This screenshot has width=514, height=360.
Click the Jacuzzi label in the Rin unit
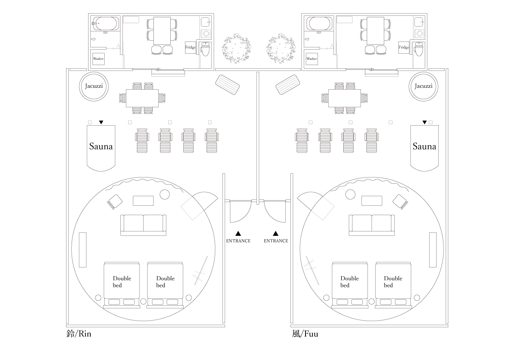[x=94, y=86]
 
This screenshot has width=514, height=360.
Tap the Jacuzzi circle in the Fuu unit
[x=423, y=86]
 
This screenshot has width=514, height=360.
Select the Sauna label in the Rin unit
[x=101, y=146]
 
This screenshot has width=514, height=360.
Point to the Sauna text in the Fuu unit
[x=424, y=146]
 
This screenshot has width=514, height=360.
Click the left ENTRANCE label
[x=238, y=241]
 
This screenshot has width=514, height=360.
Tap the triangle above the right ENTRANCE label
[x=275, y=233]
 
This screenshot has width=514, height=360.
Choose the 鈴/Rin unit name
[x=79, y=334]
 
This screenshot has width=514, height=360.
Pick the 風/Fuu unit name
[x=305, y=334]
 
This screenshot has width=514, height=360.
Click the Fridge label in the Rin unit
[x=191, y=47]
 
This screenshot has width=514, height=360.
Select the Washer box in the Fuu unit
[x=312, y=59]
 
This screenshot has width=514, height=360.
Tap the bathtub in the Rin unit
[x=105, y=23]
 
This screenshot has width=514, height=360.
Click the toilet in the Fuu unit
[x=419, y=49]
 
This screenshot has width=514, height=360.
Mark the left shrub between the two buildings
[x=236, y=48]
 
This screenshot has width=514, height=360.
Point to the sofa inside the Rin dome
[x=143, y=224]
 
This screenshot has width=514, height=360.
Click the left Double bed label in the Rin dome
[x=122, y=281]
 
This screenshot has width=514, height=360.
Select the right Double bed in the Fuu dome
[x=393, y=281]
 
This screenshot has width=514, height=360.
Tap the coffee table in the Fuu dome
[x=372, y=201]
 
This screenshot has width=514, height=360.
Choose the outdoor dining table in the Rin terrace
[x=142, y=98]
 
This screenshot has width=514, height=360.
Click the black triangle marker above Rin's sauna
[x=101, y=122]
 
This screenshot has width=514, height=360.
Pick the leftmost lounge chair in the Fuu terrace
[x=302, y=140]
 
